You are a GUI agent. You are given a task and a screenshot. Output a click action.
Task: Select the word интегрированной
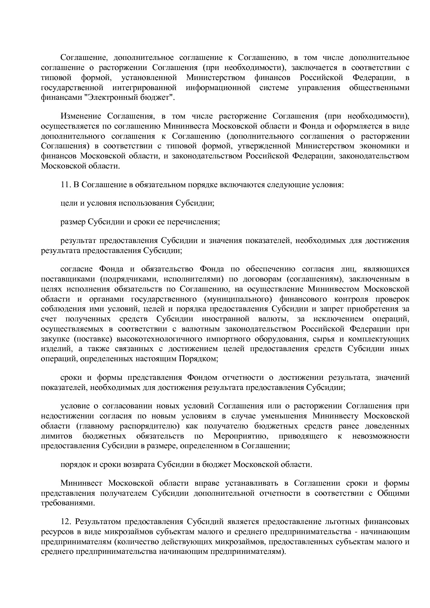coord(145,87)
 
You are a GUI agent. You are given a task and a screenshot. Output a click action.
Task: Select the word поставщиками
coord(63,279)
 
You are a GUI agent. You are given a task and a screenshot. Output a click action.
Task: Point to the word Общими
coord(393,493)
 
